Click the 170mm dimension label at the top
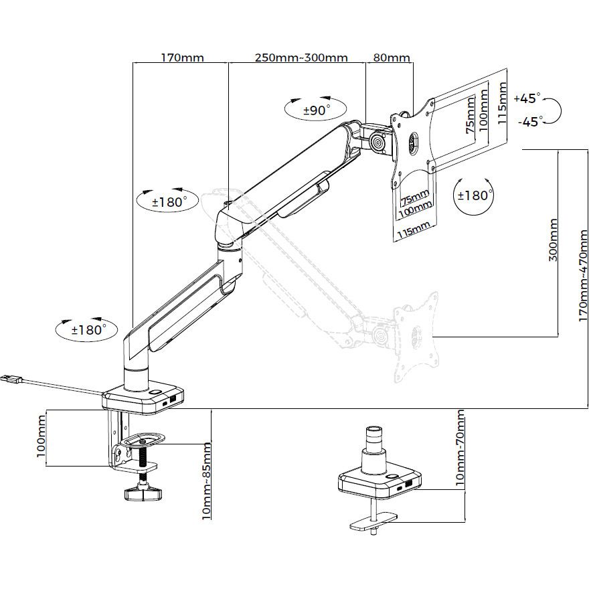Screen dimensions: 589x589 [x=182, y=57]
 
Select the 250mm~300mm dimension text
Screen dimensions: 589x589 [x=301, y=57]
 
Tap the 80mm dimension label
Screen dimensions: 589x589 [x=391, y=57]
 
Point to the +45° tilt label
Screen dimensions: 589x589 [x=527, y=98]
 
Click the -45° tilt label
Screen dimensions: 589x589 [x=529, y=121]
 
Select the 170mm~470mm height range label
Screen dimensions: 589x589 [x=583, y=275]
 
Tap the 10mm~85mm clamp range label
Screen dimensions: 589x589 [x=207, y=481]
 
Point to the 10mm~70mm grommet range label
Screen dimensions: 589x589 [x=460, y=448]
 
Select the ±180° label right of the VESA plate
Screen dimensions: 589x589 [x=474, y=195]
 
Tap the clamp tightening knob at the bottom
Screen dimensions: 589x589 [x=143, y=493]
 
